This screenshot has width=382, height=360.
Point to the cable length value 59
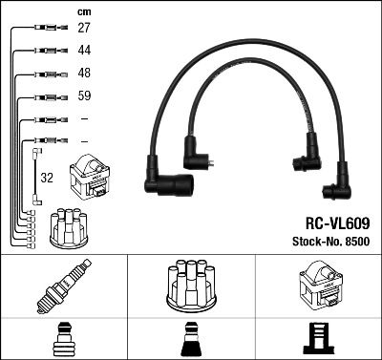[84, 96]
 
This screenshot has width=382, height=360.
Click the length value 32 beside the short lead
[47, 177]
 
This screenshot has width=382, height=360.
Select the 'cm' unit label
[84, 11]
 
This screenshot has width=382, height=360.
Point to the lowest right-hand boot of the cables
[337, 184]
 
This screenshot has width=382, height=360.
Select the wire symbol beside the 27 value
[44, 30]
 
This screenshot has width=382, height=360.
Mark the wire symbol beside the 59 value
[44, 96]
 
